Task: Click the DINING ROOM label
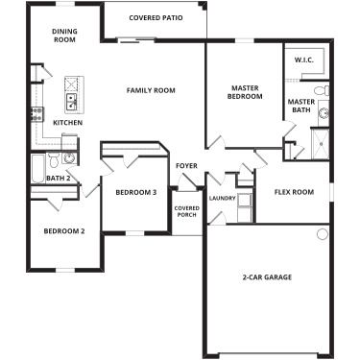(65, 36)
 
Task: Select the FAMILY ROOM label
(151, 90)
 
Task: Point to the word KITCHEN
(67, 123)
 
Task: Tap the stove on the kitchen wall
(38, 112)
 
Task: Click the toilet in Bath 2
(68, 145)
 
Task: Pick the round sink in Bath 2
(68, 159)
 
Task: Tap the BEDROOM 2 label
(64, 230)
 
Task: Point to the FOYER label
(186, 166)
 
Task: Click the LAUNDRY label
(222, 199)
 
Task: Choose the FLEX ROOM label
(294, 192)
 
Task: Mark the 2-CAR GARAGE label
(266, 277)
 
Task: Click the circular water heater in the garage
(322, 234)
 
